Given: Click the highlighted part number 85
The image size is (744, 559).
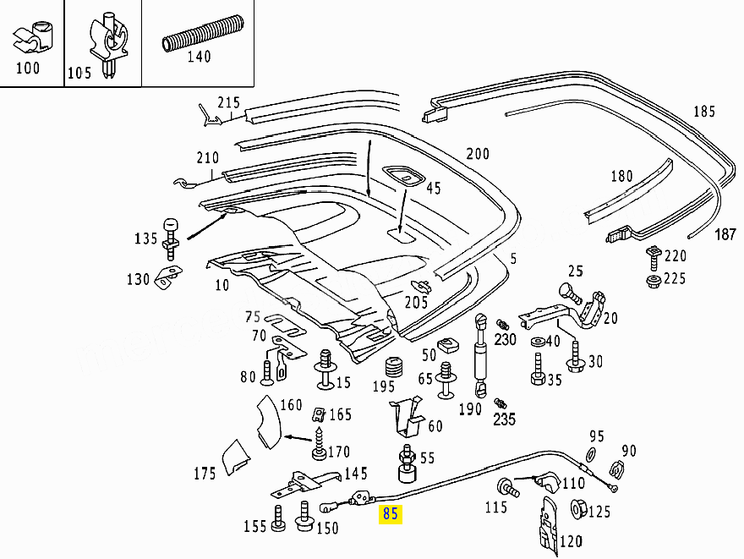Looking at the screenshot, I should [x=390, y=513].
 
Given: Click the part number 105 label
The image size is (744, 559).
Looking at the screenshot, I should [x=79, y=73].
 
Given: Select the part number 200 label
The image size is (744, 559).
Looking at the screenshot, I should [x=478, y=154].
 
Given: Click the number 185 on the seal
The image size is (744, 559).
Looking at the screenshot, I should [x=704, y=111].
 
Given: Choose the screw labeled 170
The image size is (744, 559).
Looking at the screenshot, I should [x=320, y=442].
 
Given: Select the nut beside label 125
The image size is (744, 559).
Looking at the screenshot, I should [x=581, y=509].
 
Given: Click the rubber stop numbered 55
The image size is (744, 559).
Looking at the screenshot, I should [x=407, y=465].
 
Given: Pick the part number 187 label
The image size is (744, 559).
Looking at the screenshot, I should [x=726, y=233].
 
